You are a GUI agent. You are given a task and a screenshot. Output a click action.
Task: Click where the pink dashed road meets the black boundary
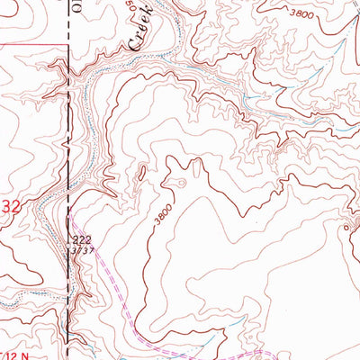(x=69, y=218)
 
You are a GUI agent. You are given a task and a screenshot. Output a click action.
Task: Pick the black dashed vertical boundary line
(x=69, y=135)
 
